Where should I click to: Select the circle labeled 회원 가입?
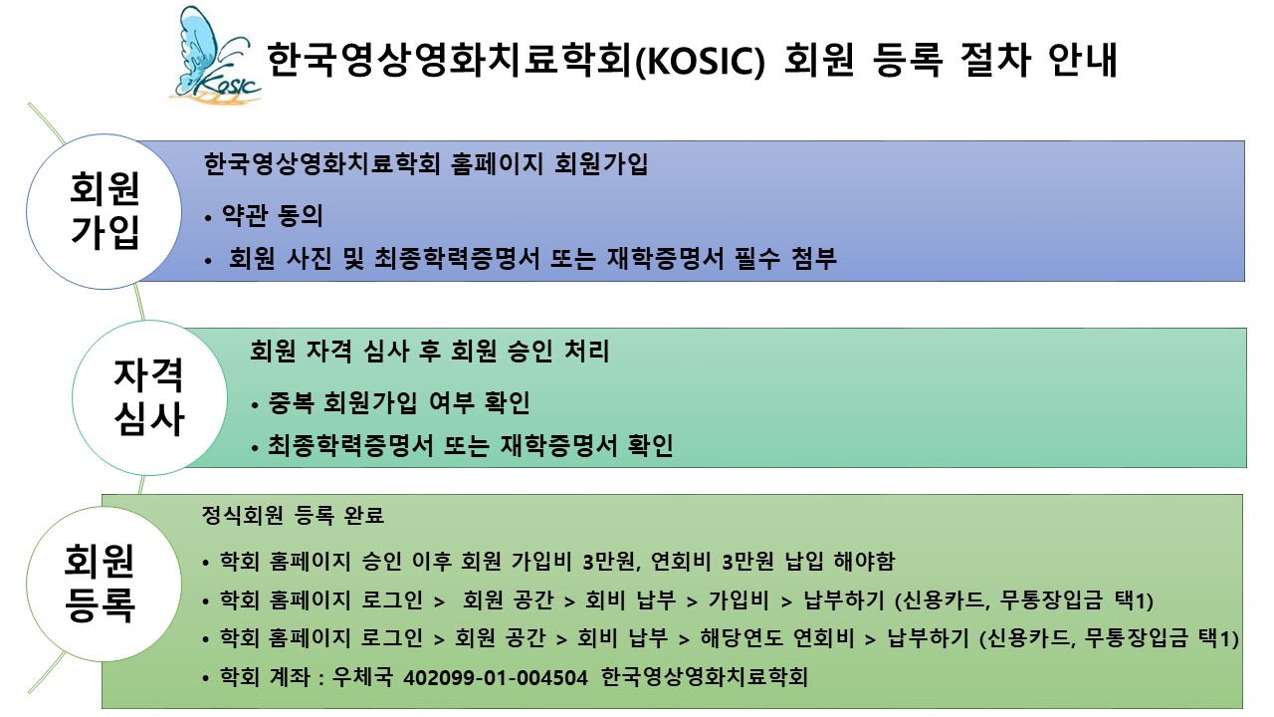[105, 212]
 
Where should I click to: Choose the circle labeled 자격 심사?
[149, 397]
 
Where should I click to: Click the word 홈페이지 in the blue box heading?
[497, 164]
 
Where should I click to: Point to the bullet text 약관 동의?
[272, 216]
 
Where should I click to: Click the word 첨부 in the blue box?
[814, 258]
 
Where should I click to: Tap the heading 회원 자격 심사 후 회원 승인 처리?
[429, 351]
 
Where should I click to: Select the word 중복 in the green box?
[291, 402]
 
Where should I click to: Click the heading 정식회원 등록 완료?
[293, 516]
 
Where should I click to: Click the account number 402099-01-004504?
[496, 678]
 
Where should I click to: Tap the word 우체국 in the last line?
[362, 677]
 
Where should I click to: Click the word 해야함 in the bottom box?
[864, 562]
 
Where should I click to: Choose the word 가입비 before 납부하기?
[739, 599]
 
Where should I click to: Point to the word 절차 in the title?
[994, 59]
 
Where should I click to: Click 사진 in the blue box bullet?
[309, 258]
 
